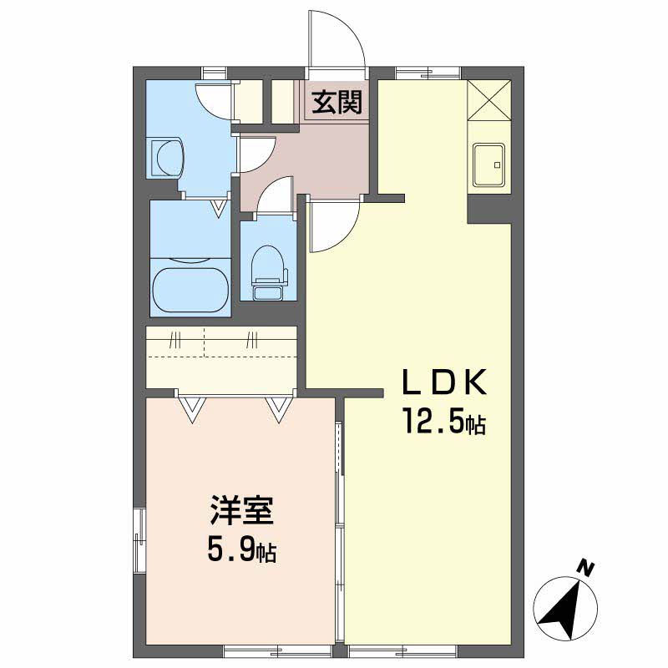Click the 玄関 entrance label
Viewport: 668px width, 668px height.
click(x=337, y=102)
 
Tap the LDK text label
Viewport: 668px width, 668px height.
click(x=445, y=382)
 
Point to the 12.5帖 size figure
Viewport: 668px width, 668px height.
click(x=444, y=421)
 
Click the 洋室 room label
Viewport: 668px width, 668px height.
click(x=241, y=510)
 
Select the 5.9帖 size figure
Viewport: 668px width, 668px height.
click(x=241, y=549)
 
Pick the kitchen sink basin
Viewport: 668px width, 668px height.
click(x=488, y=164)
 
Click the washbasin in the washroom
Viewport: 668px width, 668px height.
click(x=166, y=157)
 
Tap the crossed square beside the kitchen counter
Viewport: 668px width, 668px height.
click(x=488, y=100)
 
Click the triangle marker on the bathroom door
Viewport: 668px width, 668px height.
click(x=219, y=209)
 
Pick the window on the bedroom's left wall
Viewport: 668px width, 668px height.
click(x=139, y=540)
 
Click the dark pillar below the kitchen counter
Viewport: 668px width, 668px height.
click(x=489, y=209)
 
